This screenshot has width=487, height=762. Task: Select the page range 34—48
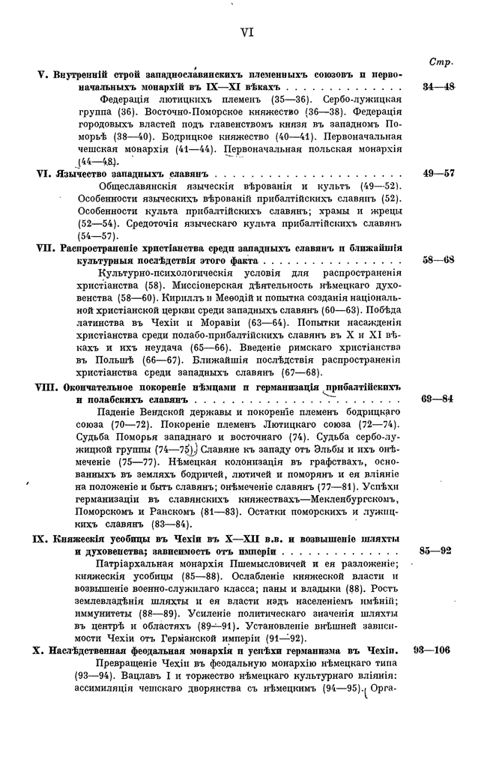point(438,87)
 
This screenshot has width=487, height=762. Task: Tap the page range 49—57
point(438,173)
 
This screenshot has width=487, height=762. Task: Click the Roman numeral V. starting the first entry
point(43,76)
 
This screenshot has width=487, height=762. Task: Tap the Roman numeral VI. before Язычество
point(45,174)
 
